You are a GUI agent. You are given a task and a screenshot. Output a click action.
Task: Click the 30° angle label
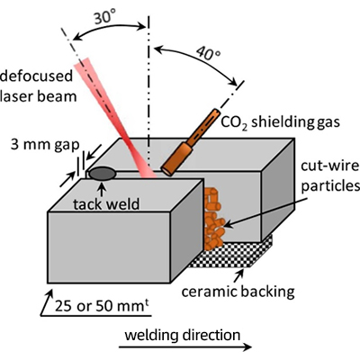point(104,17)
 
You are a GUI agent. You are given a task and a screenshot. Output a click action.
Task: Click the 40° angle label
point(208,54)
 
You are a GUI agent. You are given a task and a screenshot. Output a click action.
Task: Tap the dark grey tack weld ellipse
point(103,174)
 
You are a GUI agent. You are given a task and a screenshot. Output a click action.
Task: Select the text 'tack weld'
point(106,204)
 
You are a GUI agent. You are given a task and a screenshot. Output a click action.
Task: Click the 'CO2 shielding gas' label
point(280,122)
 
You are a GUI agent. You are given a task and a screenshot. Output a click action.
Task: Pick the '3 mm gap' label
point(45,145)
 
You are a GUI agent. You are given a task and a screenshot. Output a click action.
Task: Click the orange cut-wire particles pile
point(213,218)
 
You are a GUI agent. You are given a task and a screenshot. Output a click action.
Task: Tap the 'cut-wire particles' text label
point(330,175)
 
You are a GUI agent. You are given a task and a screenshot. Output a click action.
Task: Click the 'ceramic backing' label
point(238,292)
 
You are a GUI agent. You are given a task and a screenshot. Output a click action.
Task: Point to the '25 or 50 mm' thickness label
point(102,306)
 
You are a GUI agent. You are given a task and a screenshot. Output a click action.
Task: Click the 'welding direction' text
point(183,335)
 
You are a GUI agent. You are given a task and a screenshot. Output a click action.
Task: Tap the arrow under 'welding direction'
point(185,347)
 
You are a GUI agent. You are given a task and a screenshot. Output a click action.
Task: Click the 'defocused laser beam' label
point(37,86)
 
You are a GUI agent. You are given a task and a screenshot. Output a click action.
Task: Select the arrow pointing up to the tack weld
point(103,190)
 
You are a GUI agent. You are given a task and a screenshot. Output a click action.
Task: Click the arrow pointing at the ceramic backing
point(239,275)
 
